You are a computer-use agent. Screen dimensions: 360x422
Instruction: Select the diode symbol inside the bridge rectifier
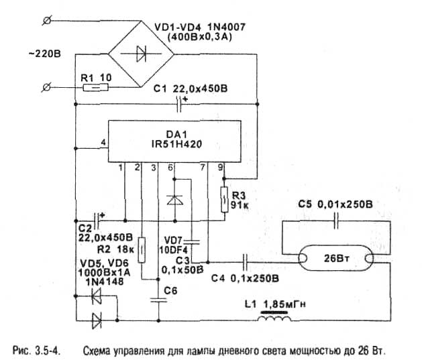pos(142,54)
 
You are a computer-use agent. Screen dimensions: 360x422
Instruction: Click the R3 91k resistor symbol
pos(224,198)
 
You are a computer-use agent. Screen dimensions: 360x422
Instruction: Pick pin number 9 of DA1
pos(220,167)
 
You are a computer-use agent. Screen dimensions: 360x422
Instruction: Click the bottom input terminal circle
pos(46,86)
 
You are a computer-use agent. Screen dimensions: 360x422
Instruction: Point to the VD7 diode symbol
pos(174,200)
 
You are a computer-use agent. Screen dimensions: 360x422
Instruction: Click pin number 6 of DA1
pos(171,167)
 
